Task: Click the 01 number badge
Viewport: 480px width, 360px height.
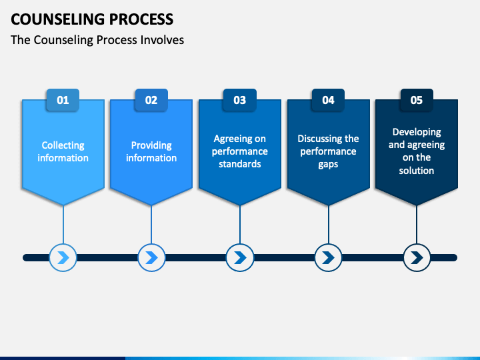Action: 63,100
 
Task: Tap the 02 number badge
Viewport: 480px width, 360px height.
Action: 151,100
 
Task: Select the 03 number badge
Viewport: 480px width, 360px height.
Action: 240,100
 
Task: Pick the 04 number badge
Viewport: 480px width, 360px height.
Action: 328,100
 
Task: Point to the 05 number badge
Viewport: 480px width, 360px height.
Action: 417,100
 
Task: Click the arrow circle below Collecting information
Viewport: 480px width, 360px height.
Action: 63,257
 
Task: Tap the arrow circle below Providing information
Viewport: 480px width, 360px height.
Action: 151,257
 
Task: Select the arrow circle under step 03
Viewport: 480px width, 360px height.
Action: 240,257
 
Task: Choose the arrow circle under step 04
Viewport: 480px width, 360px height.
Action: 329,257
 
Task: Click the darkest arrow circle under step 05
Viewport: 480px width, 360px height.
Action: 417,257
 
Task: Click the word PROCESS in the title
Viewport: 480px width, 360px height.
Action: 141,19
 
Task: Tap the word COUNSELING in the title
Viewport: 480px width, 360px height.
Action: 58,19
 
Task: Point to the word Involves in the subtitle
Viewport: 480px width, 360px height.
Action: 162,40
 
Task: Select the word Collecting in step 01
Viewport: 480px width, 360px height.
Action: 63,145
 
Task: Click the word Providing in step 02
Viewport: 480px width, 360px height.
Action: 151,145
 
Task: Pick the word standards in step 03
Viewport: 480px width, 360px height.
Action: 240,164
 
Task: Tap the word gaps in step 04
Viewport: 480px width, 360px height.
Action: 328,165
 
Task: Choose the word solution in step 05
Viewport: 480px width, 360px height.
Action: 417,171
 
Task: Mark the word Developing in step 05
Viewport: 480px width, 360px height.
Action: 417,132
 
